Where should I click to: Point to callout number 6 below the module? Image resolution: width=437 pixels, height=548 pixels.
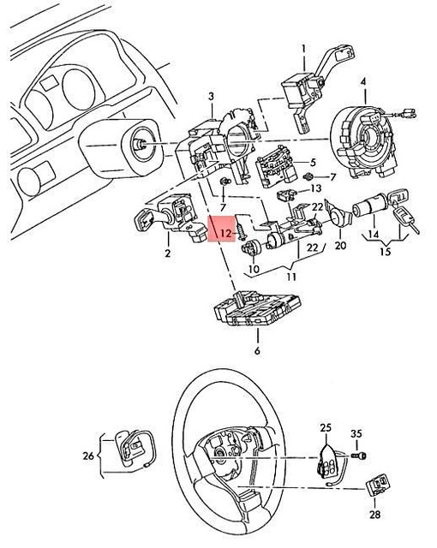256,350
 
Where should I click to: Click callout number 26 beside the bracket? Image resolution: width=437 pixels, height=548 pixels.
88,456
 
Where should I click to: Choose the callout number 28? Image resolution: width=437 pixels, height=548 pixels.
374,515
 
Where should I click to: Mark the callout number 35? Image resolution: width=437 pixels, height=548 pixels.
357,434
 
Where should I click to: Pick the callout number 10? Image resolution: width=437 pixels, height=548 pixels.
254,269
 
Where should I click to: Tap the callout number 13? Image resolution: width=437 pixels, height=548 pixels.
315,188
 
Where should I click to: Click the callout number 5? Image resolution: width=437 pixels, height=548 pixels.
313,162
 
